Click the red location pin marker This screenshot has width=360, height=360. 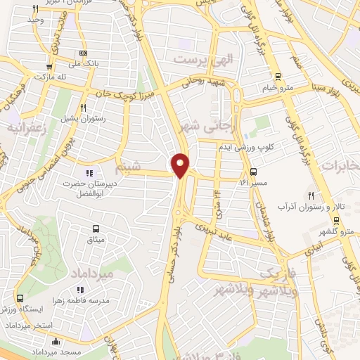coord(181,165)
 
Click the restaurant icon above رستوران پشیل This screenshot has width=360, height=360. coord(84,108)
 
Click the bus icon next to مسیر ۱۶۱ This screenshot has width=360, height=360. coord(253,171)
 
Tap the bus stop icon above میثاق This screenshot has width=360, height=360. coord(96,229)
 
